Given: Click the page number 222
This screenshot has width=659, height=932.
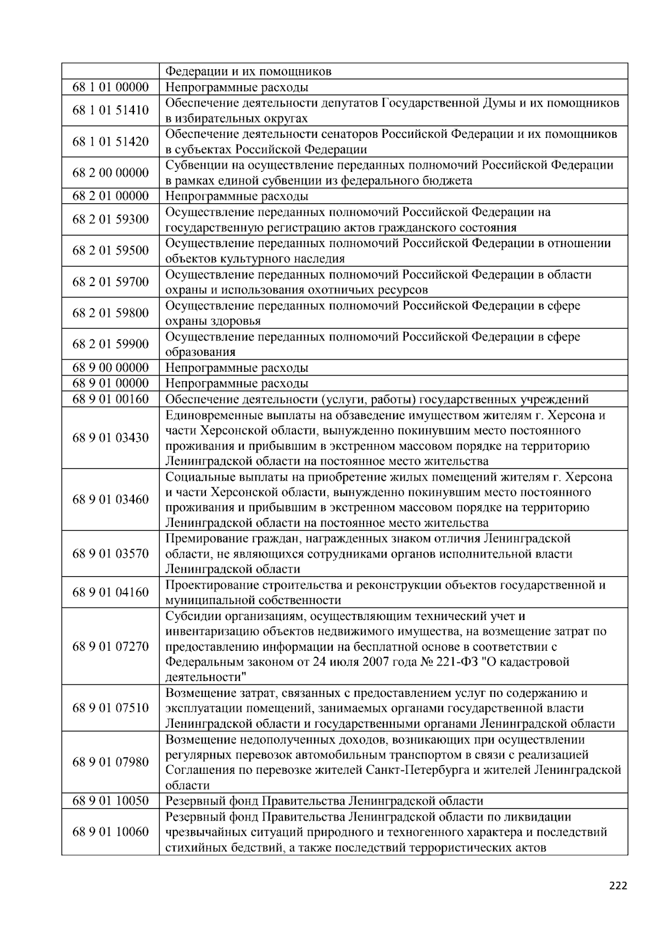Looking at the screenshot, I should tap(618, 886).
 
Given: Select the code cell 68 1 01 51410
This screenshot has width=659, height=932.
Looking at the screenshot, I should tap(110, 110).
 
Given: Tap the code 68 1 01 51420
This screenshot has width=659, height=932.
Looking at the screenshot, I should tap(110, 142).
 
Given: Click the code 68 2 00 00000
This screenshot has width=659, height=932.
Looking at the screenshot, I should tap(110, 173).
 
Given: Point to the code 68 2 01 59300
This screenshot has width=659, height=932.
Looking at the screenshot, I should tap(110, 220).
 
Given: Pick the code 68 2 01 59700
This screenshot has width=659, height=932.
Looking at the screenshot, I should tap(110, 282).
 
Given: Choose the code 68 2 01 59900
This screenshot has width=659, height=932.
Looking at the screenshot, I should tap(110, 344).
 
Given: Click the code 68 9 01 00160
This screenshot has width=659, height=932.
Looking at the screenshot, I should tap(110, 399).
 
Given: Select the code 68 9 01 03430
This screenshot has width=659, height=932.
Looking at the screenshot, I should tap(110, 438).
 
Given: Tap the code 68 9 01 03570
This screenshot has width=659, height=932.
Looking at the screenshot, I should tap(110, 554).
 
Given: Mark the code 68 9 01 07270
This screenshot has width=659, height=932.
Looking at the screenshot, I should tap(110, 646).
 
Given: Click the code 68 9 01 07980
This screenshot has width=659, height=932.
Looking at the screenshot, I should tap(110, 762).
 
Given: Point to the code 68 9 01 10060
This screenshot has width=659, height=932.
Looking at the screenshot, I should tap(110, 832).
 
